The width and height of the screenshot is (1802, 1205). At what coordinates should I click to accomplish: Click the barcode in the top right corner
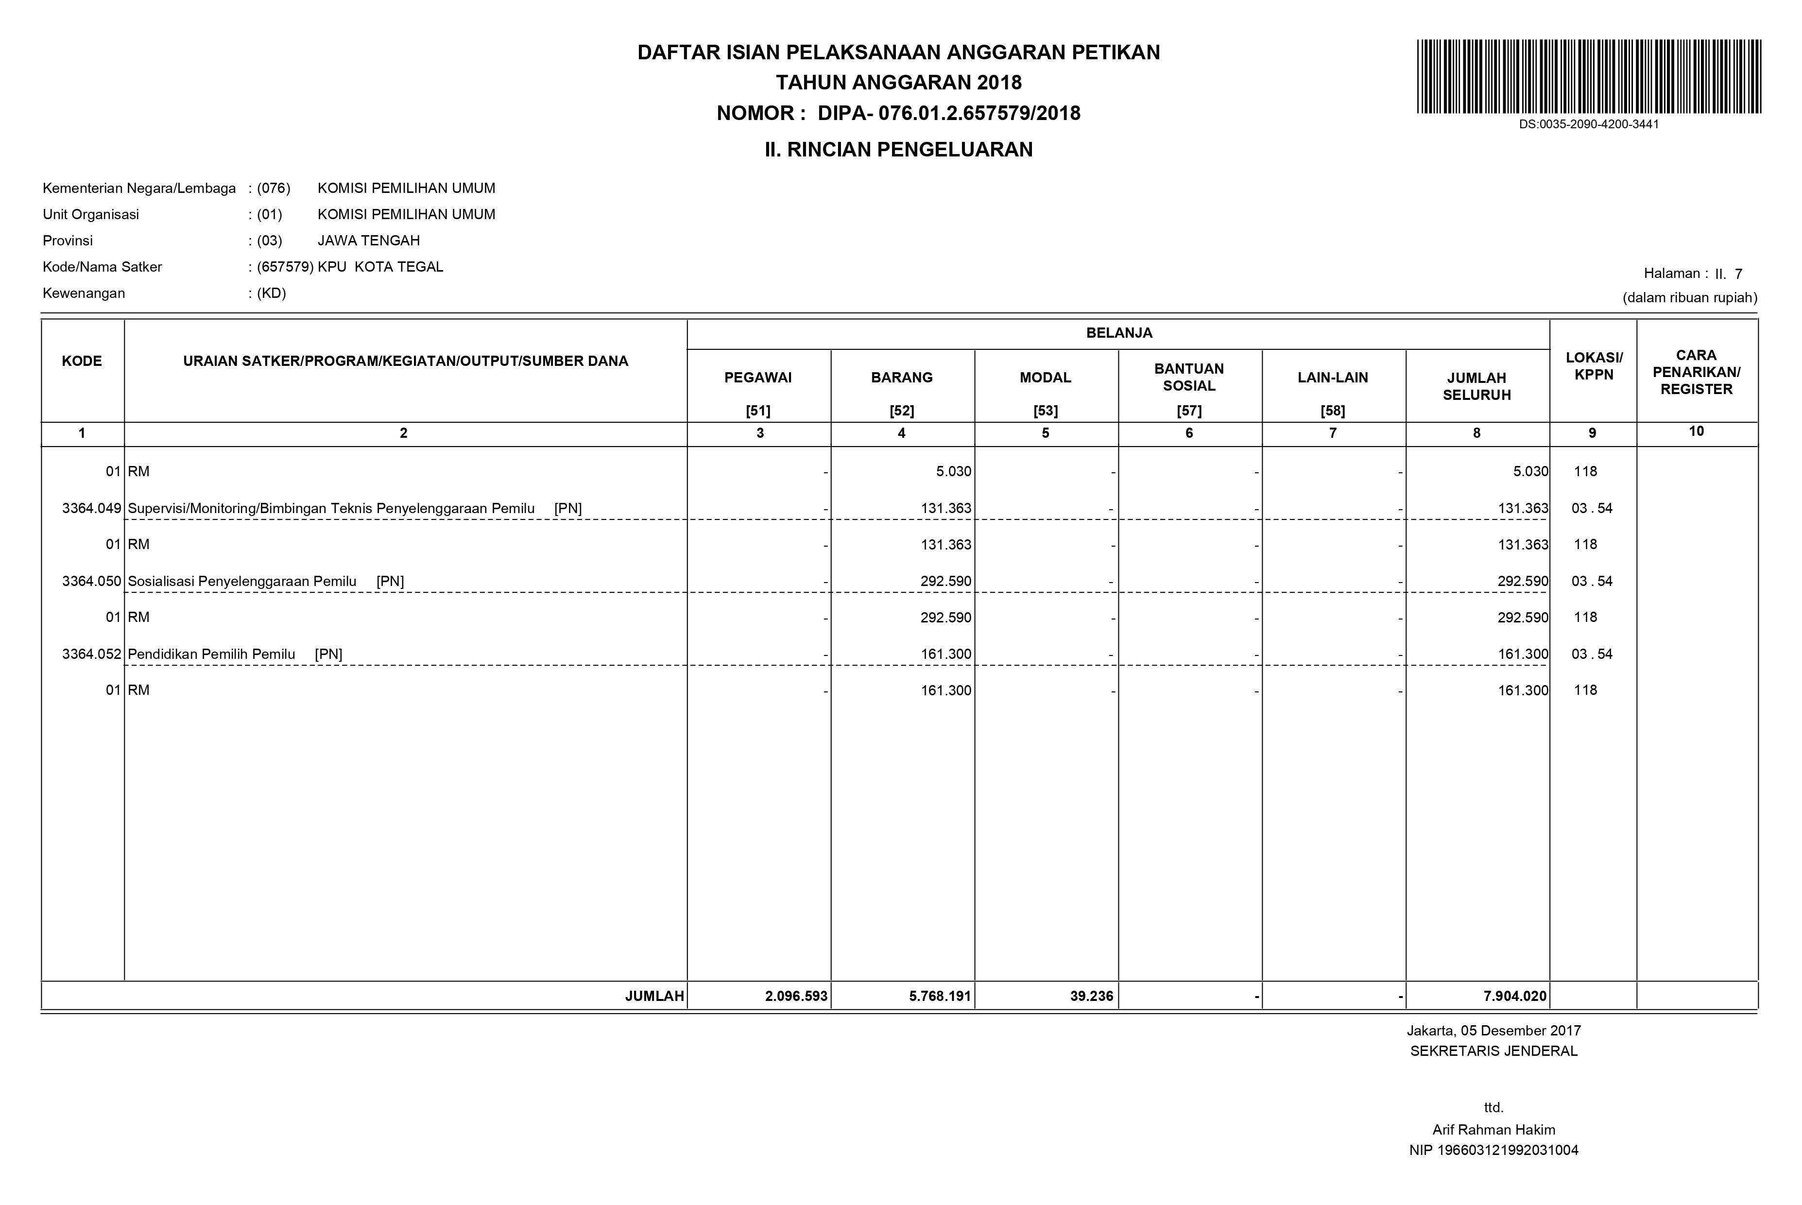[x=1588, y=77]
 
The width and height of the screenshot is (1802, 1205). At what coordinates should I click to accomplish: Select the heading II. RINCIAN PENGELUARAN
[x=898, y=150]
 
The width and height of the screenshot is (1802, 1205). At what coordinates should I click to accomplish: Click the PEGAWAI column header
[x=758, y=378]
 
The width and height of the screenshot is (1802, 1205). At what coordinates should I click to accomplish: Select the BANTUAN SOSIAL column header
[x=1189, y=378]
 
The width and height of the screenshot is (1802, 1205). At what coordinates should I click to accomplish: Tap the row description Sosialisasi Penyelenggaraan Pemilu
[x=242, y=582]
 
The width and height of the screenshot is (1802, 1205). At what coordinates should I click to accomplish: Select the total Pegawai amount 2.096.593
[x=796, y=997]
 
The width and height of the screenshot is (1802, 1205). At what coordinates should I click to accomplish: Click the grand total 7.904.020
[x=1514, y=997]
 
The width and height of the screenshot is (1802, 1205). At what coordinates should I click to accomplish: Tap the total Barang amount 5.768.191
[x=940, y=997]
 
